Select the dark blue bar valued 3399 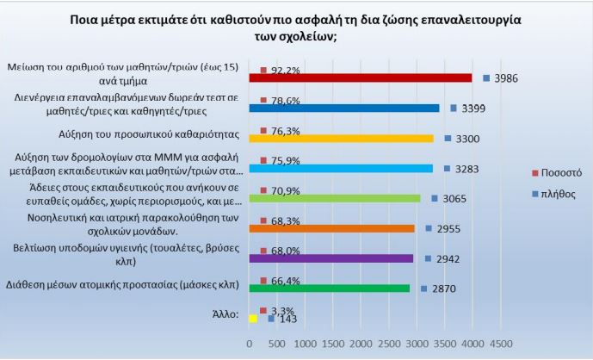click(343, 108)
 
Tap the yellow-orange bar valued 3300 click(340, 138)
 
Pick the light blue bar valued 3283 click(340, 168)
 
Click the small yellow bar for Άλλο click(253, 318)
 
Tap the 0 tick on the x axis click(250, 343)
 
